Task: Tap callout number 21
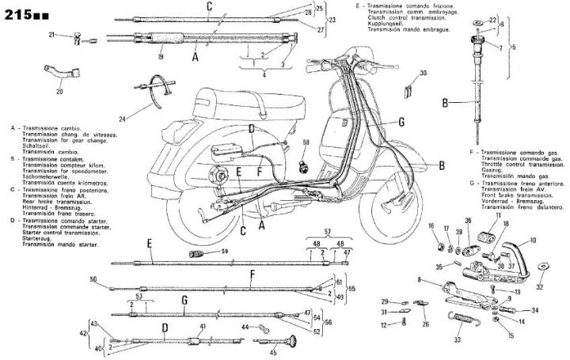(51, 35)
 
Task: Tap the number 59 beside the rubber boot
(225, 252)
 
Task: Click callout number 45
(273, 353)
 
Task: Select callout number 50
(93, 279)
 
